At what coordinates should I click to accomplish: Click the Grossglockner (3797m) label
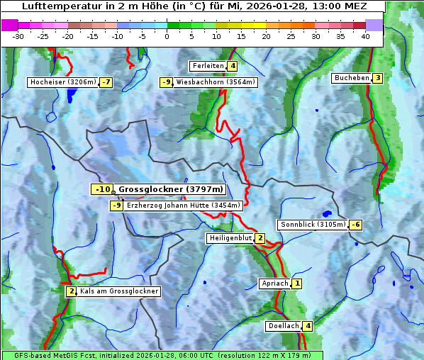click(x=171, y=189)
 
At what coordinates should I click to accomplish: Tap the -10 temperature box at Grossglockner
click(x=102, y=189)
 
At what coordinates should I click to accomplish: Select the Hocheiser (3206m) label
click(x=63, y=82)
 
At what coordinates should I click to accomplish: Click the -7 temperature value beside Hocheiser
click(x=106, y=82)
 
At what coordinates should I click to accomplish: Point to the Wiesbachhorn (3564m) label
click(x=216, y=82)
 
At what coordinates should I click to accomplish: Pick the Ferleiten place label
click(x=208, y=66)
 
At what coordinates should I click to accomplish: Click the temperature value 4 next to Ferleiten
click(x=233, y=66)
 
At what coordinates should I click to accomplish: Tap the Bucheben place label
click(x=352, y=78)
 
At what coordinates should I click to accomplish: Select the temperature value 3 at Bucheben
click(x=378, y=78)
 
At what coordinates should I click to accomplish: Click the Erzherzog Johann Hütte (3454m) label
click(x=184, y=206)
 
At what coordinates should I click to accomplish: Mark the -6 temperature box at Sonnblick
click(x=356, y=225)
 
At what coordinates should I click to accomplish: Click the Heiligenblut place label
click(x=230, y=238)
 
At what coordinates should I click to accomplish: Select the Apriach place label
click(x=275, y=283)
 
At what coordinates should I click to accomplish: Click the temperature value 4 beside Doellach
click(x=308, y=327)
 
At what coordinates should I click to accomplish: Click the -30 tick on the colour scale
click(x=18, y=36)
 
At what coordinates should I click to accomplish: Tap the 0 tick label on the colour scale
click(x=167, y=36)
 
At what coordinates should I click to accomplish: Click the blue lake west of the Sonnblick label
click(x=327, y=213)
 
